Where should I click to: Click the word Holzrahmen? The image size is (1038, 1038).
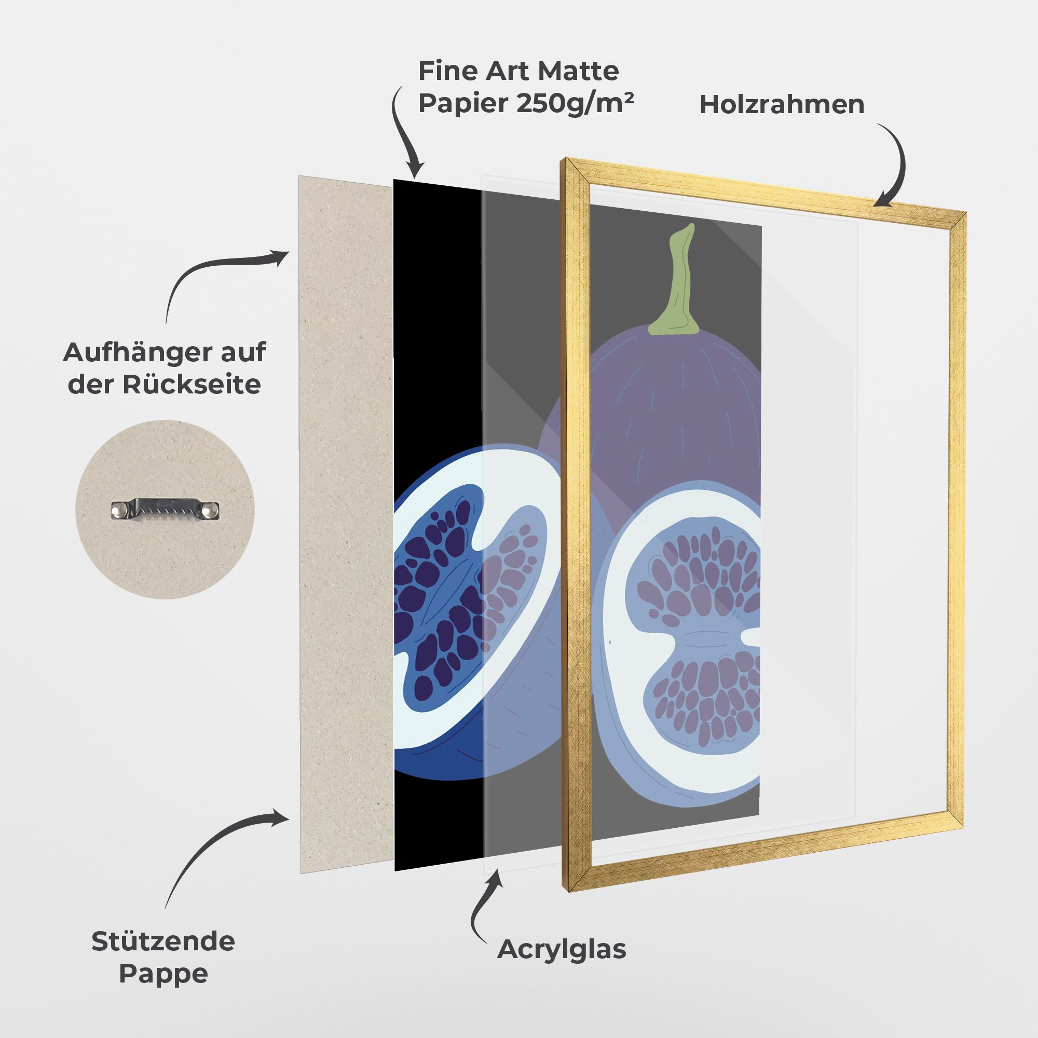(782, 105)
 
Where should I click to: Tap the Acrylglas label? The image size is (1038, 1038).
(562, 949)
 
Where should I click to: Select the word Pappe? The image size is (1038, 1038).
(163, 973)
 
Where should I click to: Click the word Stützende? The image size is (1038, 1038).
(163, 941)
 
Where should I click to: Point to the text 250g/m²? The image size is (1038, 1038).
(575, 104)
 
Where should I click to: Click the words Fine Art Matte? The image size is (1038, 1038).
(518, 71)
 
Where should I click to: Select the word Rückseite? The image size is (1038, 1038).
(192, 385)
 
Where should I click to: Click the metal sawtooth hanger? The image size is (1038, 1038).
(166, 509)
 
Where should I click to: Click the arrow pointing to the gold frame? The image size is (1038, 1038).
(895, 167)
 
